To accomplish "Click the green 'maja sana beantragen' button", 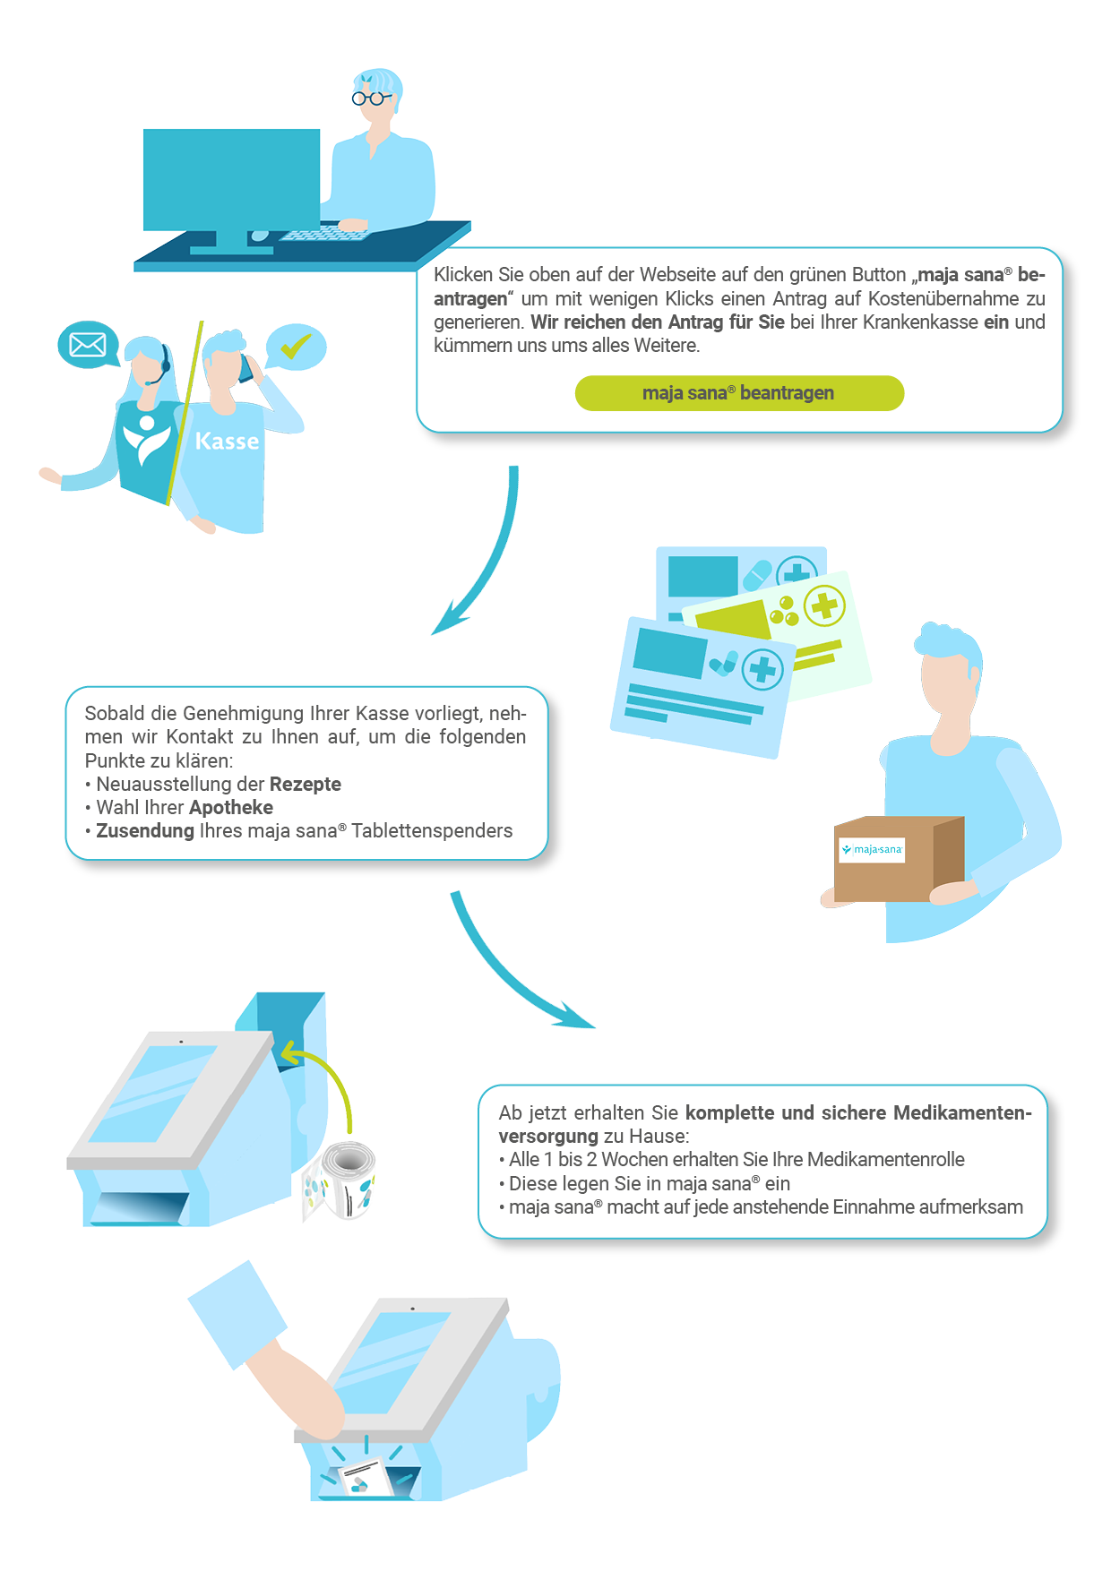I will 739,393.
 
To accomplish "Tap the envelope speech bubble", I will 87,344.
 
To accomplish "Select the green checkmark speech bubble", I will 297,346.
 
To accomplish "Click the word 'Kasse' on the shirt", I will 227,441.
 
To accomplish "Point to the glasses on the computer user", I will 370,98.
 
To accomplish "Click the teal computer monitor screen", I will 231,179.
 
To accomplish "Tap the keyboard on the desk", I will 323,234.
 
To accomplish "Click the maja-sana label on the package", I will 872,849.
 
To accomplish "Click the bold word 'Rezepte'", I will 306,784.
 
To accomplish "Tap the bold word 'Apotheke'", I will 231,807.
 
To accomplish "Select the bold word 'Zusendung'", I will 145,830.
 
